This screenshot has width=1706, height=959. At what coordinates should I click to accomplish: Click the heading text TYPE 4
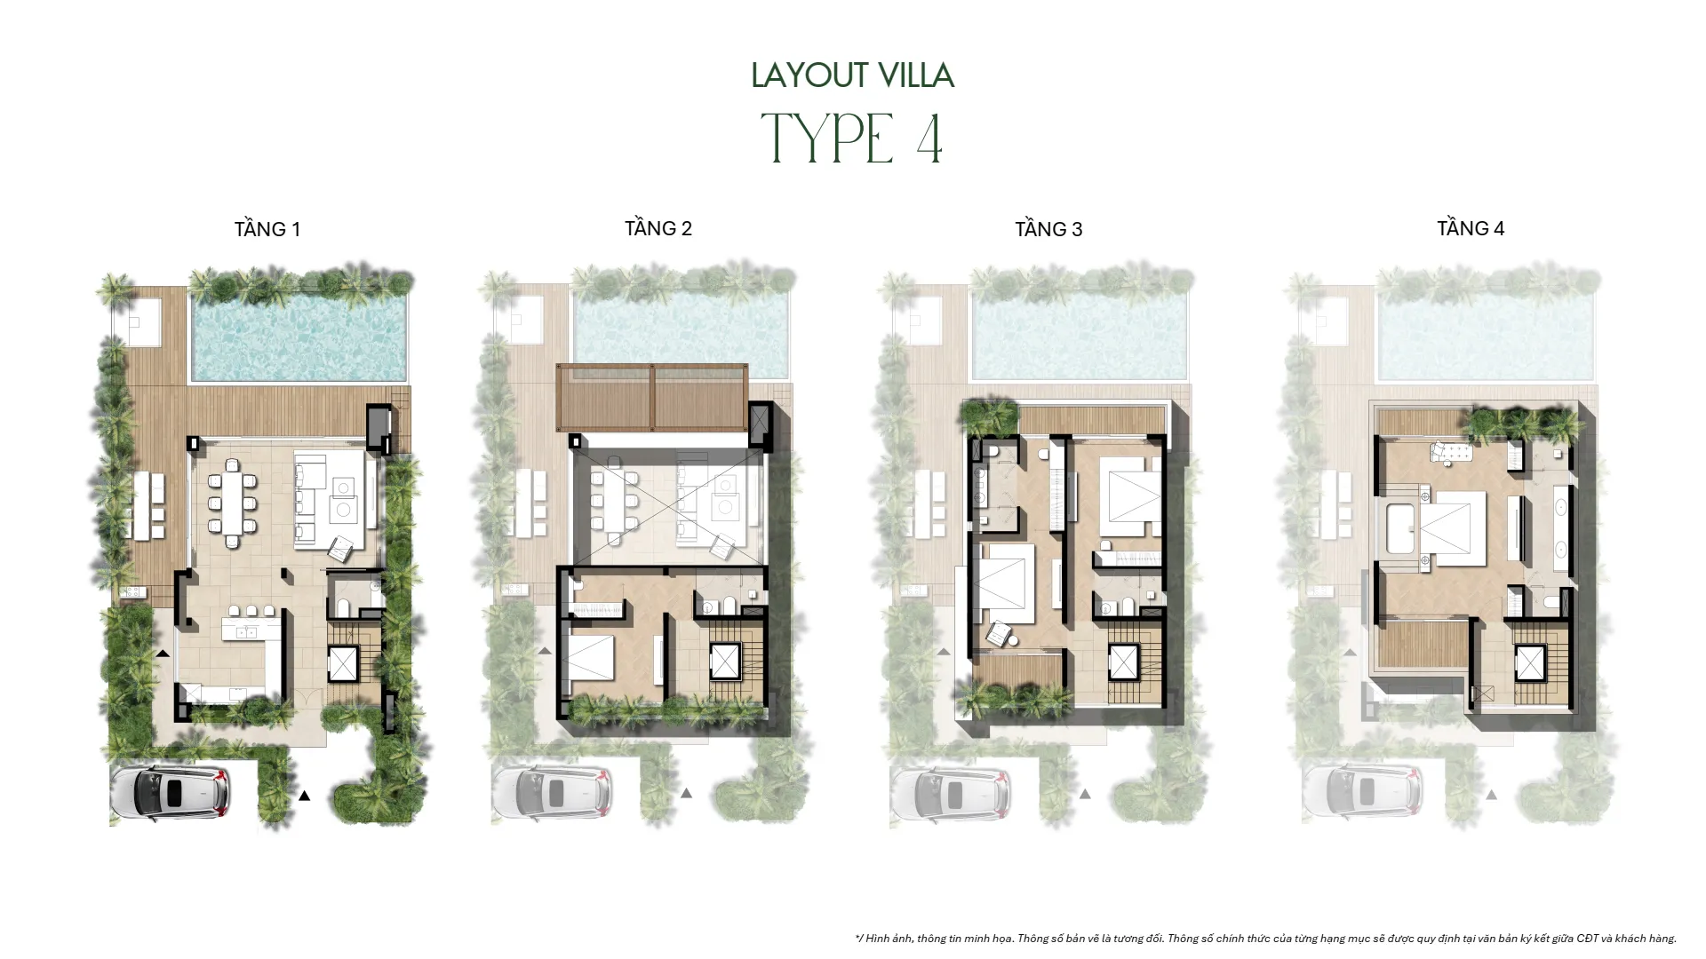[x=852, y=139]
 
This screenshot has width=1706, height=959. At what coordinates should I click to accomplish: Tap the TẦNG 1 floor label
[x=267, y=229]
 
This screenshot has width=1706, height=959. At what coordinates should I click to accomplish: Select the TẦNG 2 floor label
[x=658, y=228]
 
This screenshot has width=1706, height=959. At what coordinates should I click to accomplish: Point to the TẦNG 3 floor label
[x=1048, y=229]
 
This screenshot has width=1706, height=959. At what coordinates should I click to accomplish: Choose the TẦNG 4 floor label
[x=1470, y=228]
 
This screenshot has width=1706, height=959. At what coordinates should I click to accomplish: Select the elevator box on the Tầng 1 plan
[x=342, y=663]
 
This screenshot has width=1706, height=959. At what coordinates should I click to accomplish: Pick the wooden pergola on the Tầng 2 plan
[x=651, y=397]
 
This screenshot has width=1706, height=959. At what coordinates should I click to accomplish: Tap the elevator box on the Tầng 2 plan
[x=725, y=662]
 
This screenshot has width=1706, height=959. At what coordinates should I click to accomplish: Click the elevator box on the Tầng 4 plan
[x=1529, y=663]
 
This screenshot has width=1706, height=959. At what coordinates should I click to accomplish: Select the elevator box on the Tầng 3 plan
[x=1123, y=662]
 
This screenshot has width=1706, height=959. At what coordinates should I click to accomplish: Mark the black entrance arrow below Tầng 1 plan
[x=304, y=796]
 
